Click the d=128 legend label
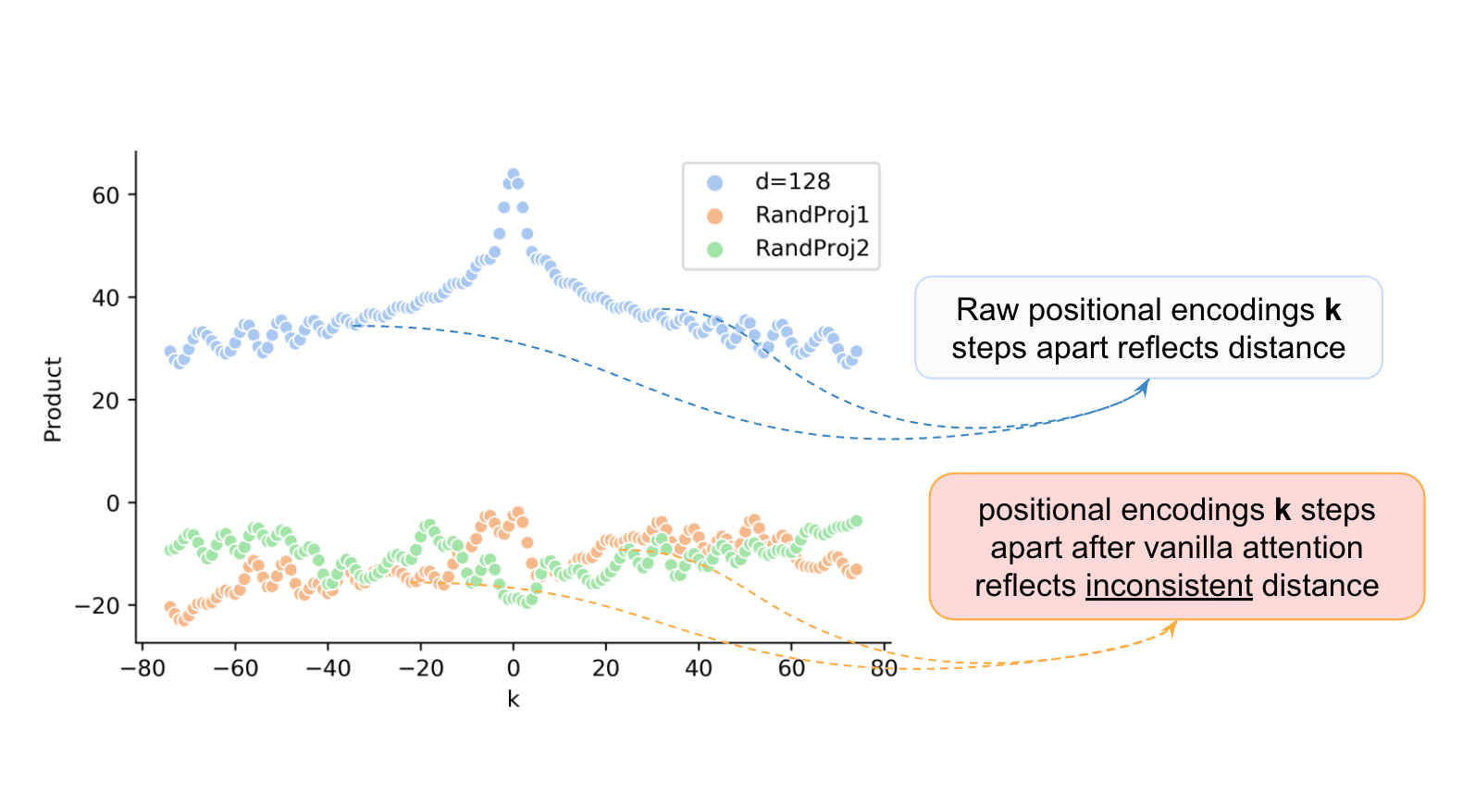(x=792, y=181)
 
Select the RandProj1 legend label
(x=812, y=215)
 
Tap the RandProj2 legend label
(x=812, y=248)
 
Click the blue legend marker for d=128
(x=714, y=182)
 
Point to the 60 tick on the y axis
(x=105, y=195)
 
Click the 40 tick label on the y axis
(x=105, y=298)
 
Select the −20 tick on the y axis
(x=98, y=606)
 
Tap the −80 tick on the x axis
(x=143, y=668)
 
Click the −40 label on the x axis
(x=328, y=668)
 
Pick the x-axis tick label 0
(x=514, y=668)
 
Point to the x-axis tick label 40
(x=699, y=668)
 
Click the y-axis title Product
(x=53, y=400)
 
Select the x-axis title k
(x=514, y=700)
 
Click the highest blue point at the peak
(x=513, y=174)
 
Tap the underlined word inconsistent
(x=1169, y=586)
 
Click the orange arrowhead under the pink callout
(x=1172, y=627)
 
